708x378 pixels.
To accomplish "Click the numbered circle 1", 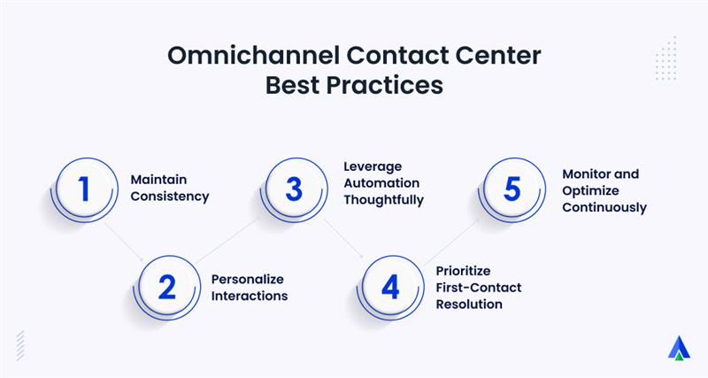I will [x=84, y=189].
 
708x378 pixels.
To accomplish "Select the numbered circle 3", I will [x=294, y=189].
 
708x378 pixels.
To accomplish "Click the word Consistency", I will [x=170, y=197].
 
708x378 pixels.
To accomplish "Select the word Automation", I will [x=381, y=183].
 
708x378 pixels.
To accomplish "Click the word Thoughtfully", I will [x=384, y=200].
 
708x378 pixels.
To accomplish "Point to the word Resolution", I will [x=469, y=305].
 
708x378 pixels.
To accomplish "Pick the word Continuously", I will [x=604, y=208].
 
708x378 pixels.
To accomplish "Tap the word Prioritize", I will [x=463, y=271].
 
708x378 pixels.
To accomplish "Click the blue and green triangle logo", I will [x=679, y=347].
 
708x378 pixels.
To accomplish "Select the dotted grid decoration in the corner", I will [x=666, y=58].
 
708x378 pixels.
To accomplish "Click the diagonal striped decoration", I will [x=20, y=345].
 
